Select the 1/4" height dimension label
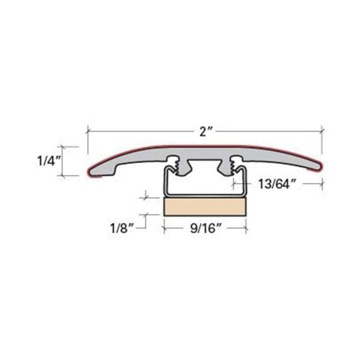click(x=48, y=161)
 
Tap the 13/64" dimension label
click(x=274, y=184)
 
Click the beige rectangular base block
click(x=205, y=206)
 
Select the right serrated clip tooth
click(x=233, y=165)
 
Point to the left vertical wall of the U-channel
click(x=164, y=182)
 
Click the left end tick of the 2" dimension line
click(x=88, y=131)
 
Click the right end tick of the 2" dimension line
click(x=321, y=131)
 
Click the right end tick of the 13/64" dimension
click(x=321, y=184)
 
